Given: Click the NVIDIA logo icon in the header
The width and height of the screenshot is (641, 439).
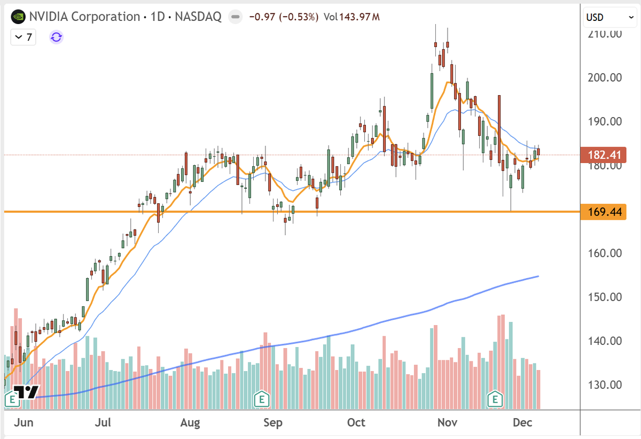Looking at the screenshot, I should click(18, 17).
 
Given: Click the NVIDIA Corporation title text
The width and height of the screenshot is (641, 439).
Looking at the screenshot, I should click(85, 17).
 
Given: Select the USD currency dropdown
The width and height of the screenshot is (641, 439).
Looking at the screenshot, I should click(609, 17).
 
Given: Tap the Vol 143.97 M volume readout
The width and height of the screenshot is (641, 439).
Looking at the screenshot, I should click(351, 17).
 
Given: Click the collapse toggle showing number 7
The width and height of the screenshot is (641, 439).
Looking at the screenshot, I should click(24, 37).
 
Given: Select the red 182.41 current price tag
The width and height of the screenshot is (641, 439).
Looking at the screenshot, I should click(604, 155).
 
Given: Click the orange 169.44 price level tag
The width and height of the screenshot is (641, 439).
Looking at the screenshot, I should click(604, 212).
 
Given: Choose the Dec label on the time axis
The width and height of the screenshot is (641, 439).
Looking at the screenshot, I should click(522, 423).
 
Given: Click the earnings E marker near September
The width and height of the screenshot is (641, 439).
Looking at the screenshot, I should click(261, 398).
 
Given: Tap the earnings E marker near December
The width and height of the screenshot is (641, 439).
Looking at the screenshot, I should click(496, 398).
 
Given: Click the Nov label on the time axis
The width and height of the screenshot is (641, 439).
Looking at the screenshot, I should click(447, 423).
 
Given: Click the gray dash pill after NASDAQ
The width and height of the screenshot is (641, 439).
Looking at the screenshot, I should click(234, 17).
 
